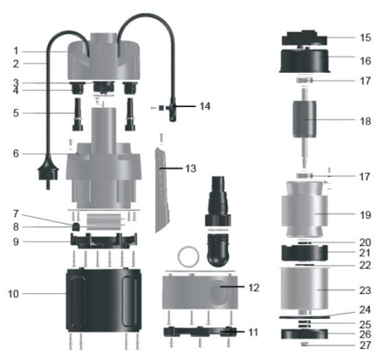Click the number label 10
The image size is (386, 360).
(13, 294)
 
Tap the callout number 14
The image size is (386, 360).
(204, 107)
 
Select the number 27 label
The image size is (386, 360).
(365, 345)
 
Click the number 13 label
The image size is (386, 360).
(190, 169)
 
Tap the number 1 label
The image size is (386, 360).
(15, 51)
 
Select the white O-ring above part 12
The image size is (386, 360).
(189, 256)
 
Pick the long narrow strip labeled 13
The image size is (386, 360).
(166, 189)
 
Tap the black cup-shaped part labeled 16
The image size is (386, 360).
(307, 62)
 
